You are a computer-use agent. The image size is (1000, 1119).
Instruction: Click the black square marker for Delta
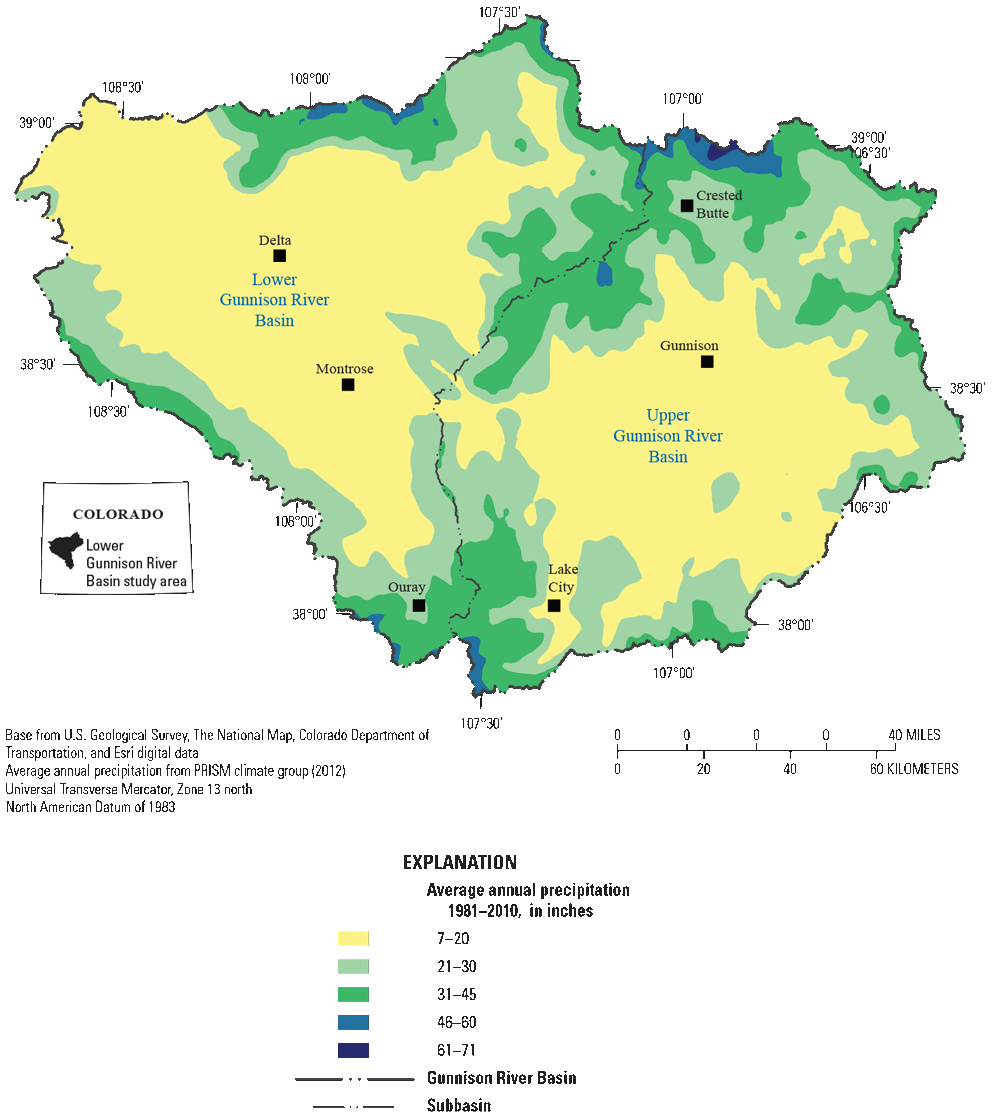click(279, 256)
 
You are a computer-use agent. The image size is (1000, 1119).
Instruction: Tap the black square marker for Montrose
click(348, 385)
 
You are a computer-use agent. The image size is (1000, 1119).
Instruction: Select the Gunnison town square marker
click(708, 362)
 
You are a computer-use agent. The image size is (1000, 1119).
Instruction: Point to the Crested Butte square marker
click(687, 206)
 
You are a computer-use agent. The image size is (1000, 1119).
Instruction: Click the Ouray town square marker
click(419, 606)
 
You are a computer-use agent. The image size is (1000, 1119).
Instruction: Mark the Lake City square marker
click(554, 606)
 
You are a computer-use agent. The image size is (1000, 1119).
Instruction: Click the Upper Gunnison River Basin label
click(668, 436)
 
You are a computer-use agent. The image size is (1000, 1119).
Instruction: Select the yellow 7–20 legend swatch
click(353, 938)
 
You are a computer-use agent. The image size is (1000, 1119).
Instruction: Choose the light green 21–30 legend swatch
click(353, 966)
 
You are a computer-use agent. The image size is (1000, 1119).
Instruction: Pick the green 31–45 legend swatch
click(353, 994)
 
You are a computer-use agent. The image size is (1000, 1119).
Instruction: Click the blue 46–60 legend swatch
click(353, 1022)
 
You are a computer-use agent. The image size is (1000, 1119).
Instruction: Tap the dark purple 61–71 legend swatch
click(353, 1050)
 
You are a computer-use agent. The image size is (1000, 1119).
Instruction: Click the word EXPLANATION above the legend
click(459, 862)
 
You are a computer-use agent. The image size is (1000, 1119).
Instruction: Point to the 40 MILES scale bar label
click(914, 735)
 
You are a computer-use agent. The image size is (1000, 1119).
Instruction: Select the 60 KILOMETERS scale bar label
click(913, 769)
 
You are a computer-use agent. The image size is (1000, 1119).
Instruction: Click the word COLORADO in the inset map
click(118, 514)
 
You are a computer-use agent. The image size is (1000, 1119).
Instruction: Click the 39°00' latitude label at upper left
click(36, 123)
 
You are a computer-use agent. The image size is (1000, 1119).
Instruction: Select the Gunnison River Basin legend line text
click(501, 1078)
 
